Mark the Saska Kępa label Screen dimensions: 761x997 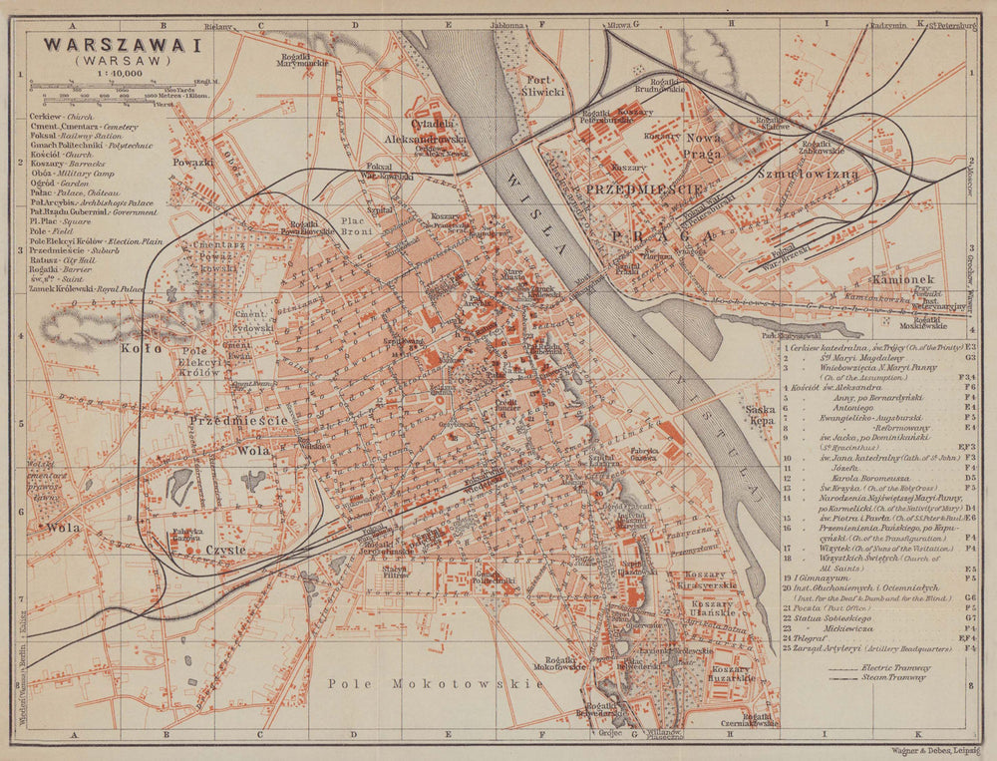(760, 415)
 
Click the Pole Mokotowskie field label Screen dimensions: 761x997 (436, 684)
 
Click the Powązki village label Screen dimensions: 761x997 (192, 162)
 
